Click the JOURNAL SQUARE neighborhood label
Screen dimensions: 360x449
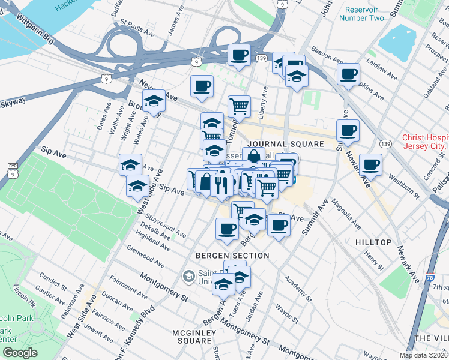285,145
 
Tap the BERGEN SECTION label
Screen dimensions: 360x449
232,256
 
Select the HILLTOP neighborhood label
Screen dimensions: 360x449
373,242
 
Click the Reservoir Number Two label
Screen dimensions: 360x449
361,14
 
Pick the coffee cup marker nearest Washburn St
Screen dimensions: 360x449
370,164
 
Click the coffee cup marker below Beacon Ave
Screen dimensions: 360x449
348,74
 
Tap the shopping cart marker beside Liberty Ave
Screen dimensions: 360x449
239,106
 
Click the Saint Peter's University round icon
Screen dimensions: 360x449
188,277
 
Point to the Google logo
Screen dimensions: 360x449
20,353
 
